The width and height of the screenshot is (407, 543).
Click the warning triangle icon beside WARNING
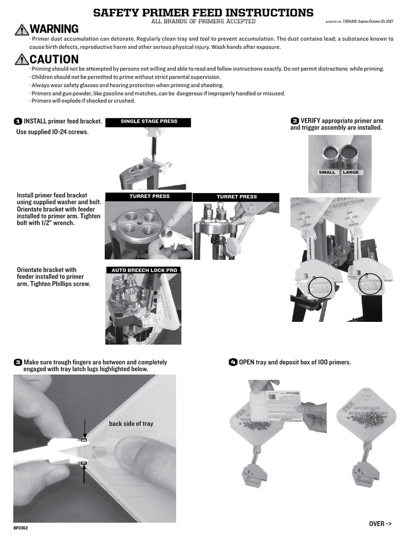pyautogui.click(x=22, y=30)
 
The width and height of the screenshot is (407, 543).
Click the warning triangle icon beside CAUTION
pyautogui.click(x=22, y=60)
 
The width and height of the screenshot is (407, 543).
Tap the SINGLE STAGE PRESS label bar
pyautogui.click(x=148, y=121)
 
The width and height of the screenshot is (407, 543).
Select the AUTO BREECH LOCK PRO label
pyautogui.click(x=144, y=270)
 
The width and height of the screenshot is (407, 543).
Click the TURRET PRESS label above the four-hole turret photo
pyautogui.click(x=149, y=196)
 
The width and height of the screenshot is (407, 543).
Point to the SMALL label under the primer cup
pyautogui.click(x=327, y=172)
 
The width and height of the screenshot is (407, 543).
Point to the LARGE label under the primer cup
pyautogui.click(x=350, y=172)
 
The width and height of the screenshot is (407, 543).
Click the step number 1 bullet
pyautogui.click(x=17, y=121)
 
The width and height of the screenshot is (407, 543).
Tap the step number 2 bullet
pyautogui.click(x=295, y=121)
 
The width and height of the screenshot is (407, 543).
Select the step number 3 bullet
pyautogui.click(x=17, y=363)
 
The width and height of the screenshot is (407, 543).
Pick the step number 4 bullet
pyautogui.click(x=233, y=363)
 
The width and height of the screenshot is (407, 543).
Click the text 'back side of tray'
pyautogui.click(x=131, y=424)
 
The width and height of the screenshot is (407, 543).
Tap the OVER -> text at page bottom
pyautogui.click(x=380, y=523)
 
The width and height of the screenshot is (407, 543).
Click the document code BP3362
pyautogui.click(x=21, y=529)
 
